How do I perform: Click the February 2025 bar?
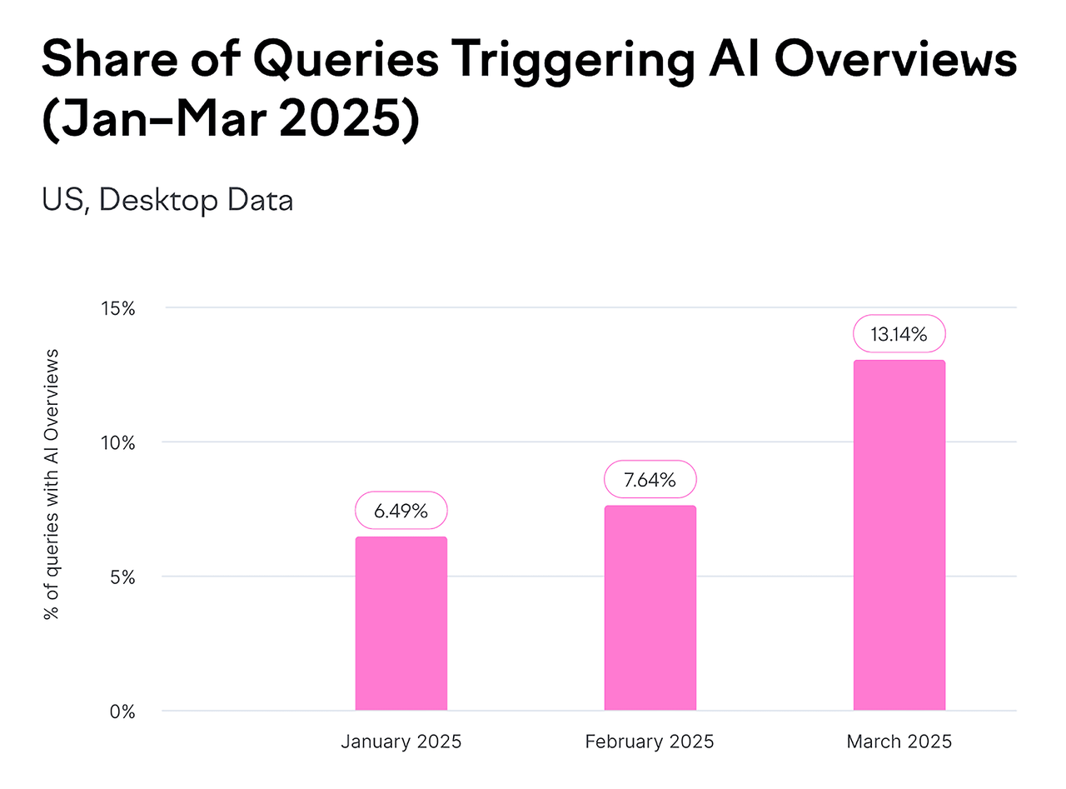650,608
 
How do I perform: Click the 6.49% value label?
401,510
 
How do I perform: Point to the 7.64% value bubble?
650,479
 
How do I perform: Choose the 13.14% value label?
899,334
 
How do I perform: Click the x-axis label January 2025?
401,742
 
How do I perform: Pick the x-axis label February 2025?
650,742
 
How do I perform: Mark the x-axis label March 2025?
899,742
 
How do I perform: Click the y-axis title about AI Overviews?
52,483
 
